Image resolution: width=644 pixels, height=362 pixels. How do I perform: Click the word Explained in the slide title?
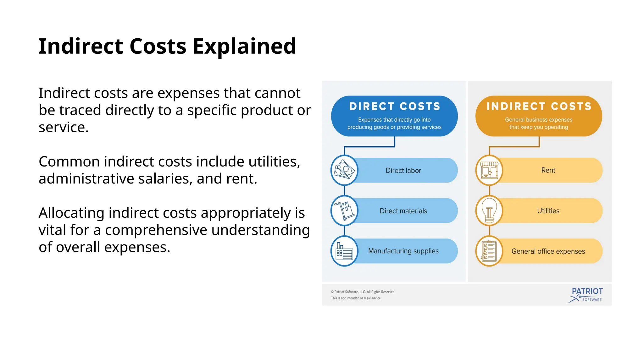click(x=244, y=47)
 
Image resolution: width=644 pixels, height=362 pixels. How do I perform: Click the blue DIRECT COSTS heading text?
click(x=394, y=107)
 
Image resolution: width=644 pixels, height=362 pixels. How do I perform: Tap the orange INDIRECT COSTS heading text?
click(x=539, y=107)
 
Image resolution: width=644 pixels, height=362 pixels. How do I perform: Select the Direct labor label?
click(x=403, y=171)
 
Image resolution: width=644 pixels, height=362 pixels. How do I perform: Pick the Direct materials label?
click(x=403, y=211)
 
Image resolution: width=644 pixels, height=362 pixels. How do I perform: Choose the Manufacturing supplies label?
click(x=403, y=251)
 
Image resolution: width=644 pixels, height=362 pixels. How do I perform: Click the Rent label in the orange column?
click(x=548, y=170)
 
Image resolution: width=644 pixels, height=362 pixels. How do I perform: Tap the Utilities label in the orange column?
click(x=548, y=211)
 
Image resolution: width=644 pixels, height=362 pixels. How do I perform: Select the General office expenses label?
click(x=548, y=251)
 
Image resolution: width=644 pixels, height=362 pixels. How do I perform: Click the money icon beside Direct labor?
click(x=344, y=170)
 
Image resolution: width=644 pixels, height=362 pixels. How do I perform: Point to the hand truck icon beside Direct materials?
click(x=344, y=211)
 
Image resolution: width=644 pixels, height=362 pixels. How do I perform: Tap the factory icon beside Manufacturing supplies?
click(x=344, y=251)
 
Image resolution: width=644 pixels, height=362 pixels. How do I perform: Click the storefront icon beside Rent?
click(x=489, y=170)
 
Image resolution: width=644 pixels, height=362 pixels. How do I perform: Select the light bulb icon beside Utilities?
click(x=489, y=211)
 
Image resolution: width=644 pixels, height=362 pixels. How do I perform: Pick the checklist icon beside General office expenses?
click(x=489, y=251)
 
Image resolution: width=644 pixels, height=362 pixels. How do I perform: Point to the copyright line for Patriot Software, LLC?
click(x=363, y=292)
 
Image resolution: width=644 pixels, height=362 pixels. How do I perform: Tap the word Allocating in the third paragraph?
click(x=71, y=213)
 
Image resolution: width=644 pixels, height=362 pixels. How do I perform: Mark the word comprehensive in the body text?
click(x=156, y=230)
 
